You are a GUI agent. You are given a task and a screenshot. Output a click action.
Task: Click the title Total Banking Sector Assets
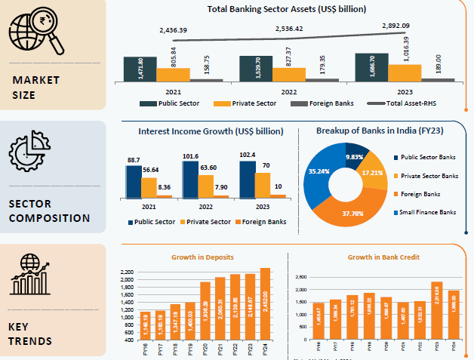tap(287, 10)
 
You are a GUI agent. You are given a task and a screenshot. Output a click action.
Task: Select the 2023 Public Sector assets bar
tap(371, 66)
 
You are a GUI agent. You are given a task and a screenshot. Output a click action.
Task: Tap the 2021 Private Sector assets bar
tap(173, 74)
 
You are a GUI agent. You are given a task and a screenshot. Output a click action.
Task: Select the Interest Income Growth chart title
tap(211, 131)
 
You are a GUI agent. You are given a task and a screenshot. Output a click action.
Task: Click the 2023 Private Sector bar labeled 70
tap(263, 185)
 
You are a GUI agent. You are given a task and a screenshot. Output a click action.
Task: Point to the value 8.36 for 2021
tap(164, 186)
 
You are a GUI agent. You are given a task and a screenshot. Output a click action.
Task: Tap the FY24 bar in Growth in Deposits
tap(265, 308)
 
